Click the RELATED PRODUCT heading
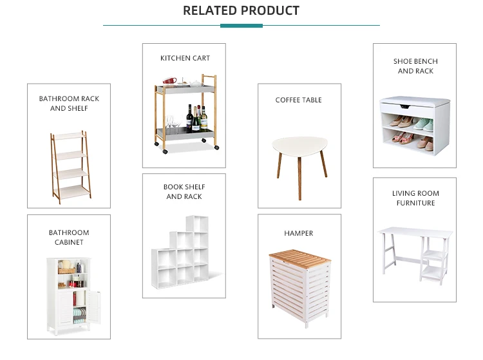[x=241, y=10]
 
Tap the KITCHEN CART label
[x=185, y=58]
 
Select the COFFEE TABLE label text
[x=298, y=100]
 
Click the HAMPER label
[x=298, y=233]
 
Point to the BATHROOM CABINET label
[x=69, y=238]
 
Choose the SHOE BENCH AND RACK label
[x=415, y=66]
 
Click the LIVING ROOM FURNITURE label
[x=415, y=198]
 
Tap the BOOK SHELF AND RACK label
[x=184, y=192]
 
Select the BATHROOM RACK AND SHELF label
[x=69, y=104]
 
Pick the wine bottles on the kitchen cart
[x=197, y=119]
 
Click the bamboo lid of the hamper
[x=299, y=256]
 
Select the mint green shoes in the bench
[x=422, y=123]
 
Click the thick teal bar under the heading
[x=241, y=26]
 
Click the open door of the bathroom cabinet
[x=93, y=308]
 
